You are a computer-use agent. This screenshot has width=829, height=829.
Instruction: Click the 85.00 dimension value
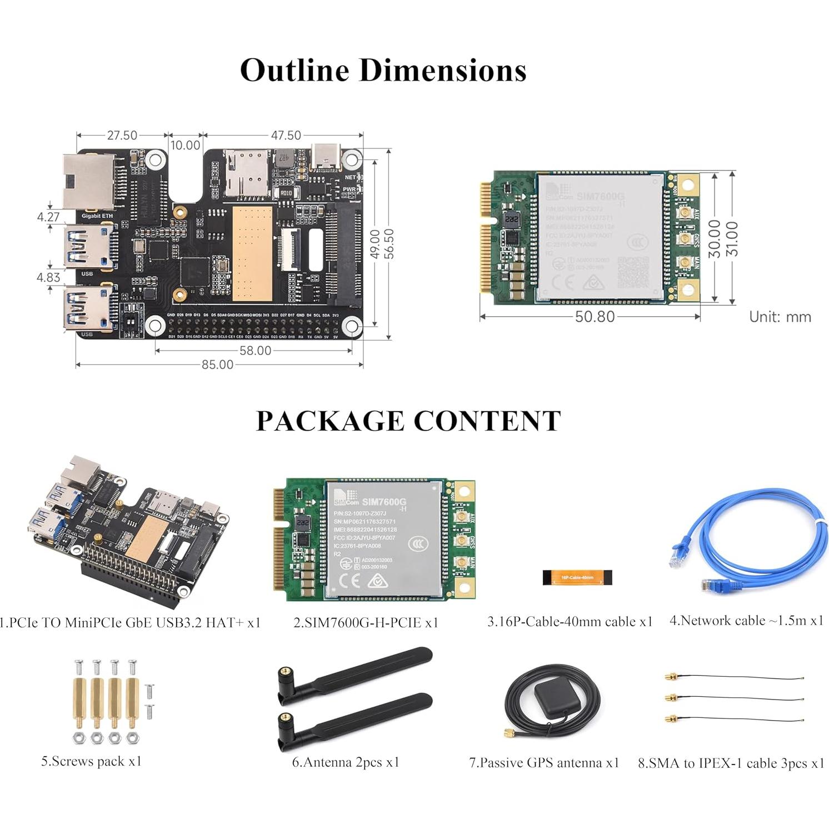click(217, 364)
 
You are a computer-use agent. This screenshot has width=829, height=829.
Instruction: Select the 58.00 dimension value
click(255, 351)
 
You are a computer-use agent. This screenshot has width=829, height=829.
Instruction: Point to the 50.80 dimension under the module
click(595, 317)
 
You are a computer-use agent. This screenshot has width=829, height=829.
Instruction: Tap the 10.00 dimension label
click(185, 146)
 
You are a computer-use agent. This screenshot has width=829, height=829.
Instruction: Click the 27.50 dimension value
click(122, 136)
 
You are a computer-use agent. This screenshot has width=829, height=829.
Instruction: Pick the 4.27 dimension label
click(48, 217)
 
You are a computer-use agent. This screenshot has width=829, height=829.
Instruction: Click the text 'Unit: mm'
click(780, 317)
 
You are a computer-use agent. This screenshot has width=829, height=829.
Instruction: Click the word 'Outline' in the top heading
click(294, 71)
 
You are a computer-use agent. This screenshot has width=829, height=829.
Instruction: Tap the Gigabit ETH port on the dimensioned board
click(89, 181)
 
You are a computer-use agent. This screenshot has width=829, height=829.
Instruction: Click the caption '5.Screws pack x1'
click(92, 761)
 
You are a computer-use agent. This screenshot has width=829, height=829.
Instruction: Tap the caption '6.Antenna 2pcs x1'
click(346, 762)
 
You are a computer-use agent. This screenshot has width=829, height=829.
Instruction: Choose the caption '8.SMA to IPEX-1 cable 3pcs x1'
click(731, 763)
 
